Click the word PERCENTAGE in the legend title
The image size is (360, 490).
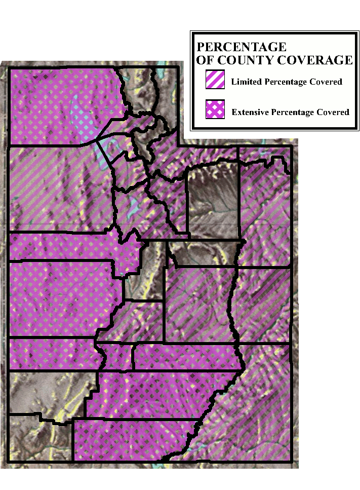point(241,47)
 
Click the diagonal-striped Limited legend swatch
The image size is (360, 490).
point(215,81)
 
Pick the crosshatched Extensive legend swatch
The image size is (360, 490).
point(215,109)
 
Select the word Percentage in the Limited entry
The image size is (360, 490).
point(285,82)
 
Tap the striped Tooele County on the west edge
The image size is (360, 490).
point(56,187)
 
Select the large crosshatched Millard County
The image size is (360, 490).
point(61,299)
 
